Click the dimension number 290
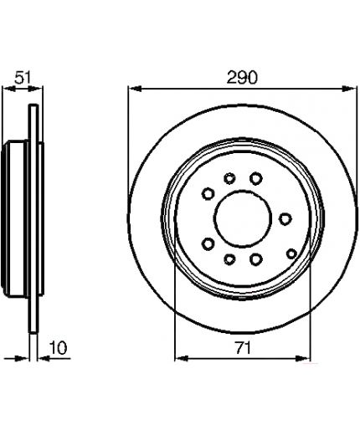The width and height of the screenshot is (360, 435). click(242, 77)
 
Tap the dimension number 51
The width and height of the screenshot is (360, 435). click(23, 77)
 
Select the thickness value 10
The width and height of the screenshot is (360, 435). click(59, 348)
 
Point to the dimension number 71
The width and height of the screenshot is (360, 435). click(243, 348)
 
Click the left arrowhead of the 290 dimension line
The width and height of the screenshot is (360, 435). click(136, 89)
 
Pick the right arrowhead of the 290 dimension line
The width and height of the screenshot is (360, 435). click(349, 89)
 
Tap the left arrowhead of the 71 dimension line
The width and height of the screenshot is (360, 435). click(182, 358)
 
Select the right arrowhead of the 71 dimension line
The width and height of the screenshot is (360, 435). click(303, 358)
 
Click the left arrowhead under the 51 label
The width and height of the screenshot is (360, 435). click(9, 89)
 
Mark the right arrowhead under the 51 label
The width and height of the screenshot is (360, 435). click(35, 89)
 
